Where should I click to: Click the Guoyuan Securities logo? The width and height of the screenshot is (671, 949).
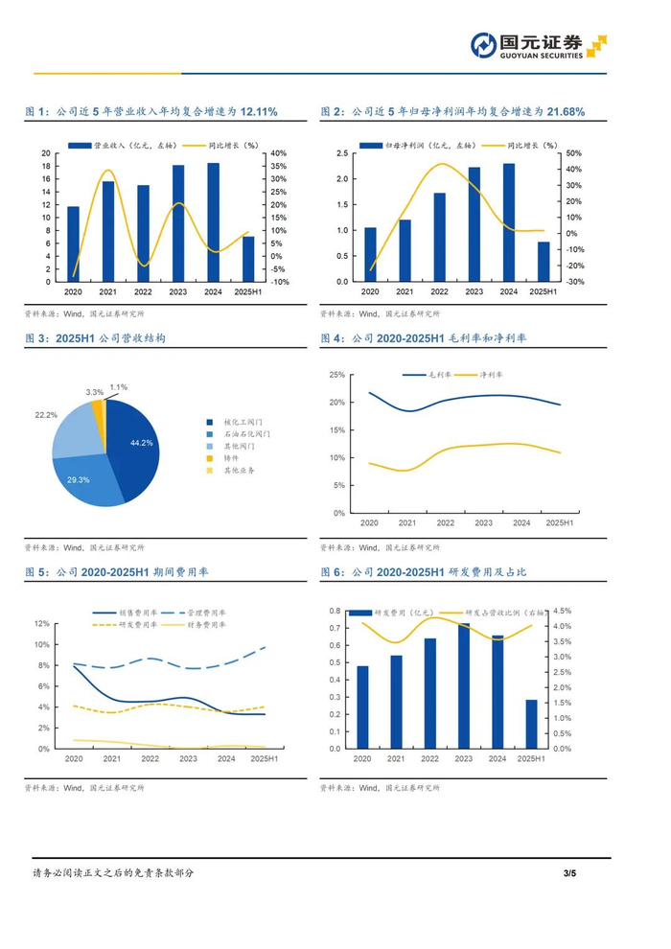[538, 46]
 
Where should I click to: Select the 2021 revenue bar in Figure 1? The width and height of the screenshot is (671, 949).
[108, 231]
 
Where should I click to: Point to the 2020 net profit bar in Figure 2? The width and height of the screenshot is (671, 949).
[371, 255]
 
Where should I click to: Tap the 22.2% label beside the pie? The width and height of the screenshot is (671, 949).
[45, 414]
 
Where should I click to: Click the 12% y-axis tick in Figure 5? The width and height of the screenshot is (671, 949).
[42, 623]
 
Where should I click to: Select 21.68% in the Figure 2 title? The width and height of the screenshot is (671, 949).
[565, 112]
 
